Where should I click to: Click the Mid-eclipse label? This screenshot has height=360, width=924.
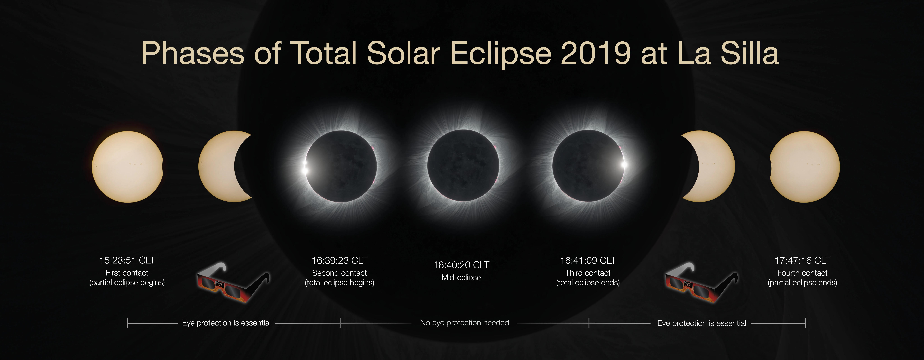click(461, 278)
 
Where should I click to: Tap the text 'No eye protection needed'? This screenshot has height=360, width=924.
click(464, 323)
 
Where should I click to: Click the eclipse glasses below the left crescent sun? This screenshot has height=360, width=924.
click(233, 283)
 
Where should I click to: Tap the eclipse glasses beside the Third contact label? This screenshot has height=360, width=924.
click(701, 283)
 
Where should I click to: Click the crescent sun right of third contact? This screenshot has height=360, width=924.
click(714, 166)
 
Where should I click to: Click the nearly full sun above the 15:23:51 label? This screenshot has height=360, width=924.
click(127, 167)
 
